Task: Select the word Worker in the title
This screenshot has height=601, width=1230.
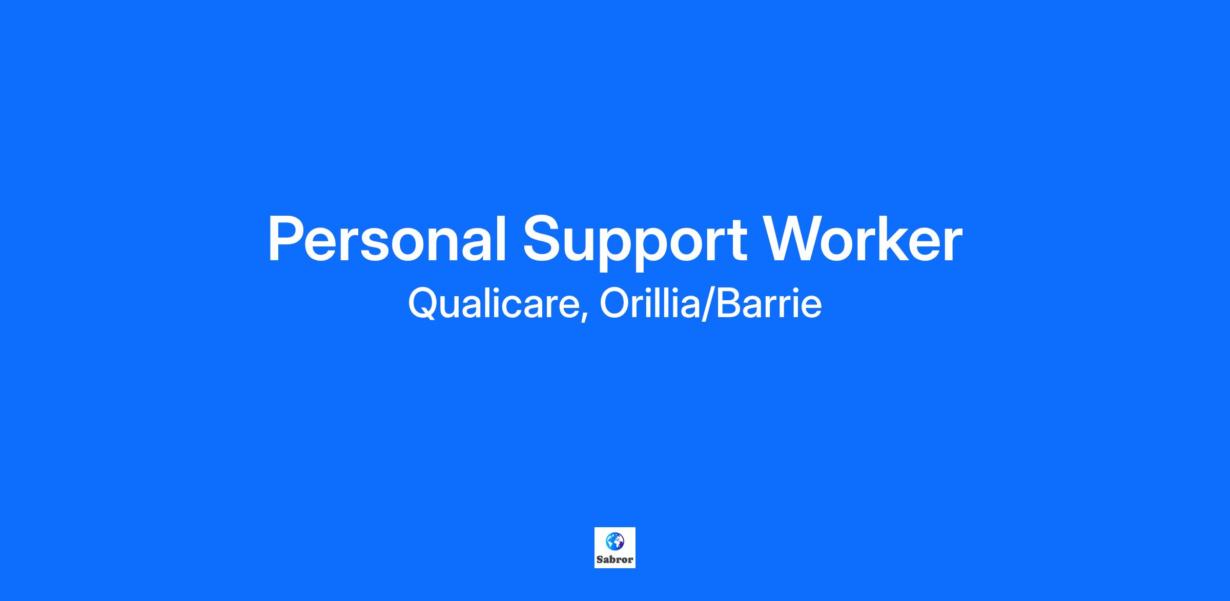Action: pos(864,238)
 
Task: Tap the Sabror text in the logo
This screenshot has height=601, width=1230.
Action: pos(615,559)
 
